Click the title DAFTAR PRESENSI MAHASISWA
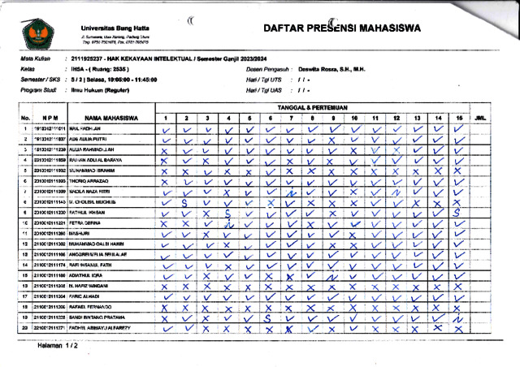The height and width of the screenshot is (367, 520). pos(342,28)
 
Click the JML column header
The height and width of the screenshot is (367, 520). pos(480,119)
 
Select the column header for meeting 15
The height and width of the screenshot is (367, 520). pos(459,119)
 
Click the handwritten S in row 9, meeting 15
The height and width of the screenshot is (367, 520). pos(459,213)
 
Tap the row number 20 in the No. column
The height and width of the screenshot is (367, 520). pos(26,329)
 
